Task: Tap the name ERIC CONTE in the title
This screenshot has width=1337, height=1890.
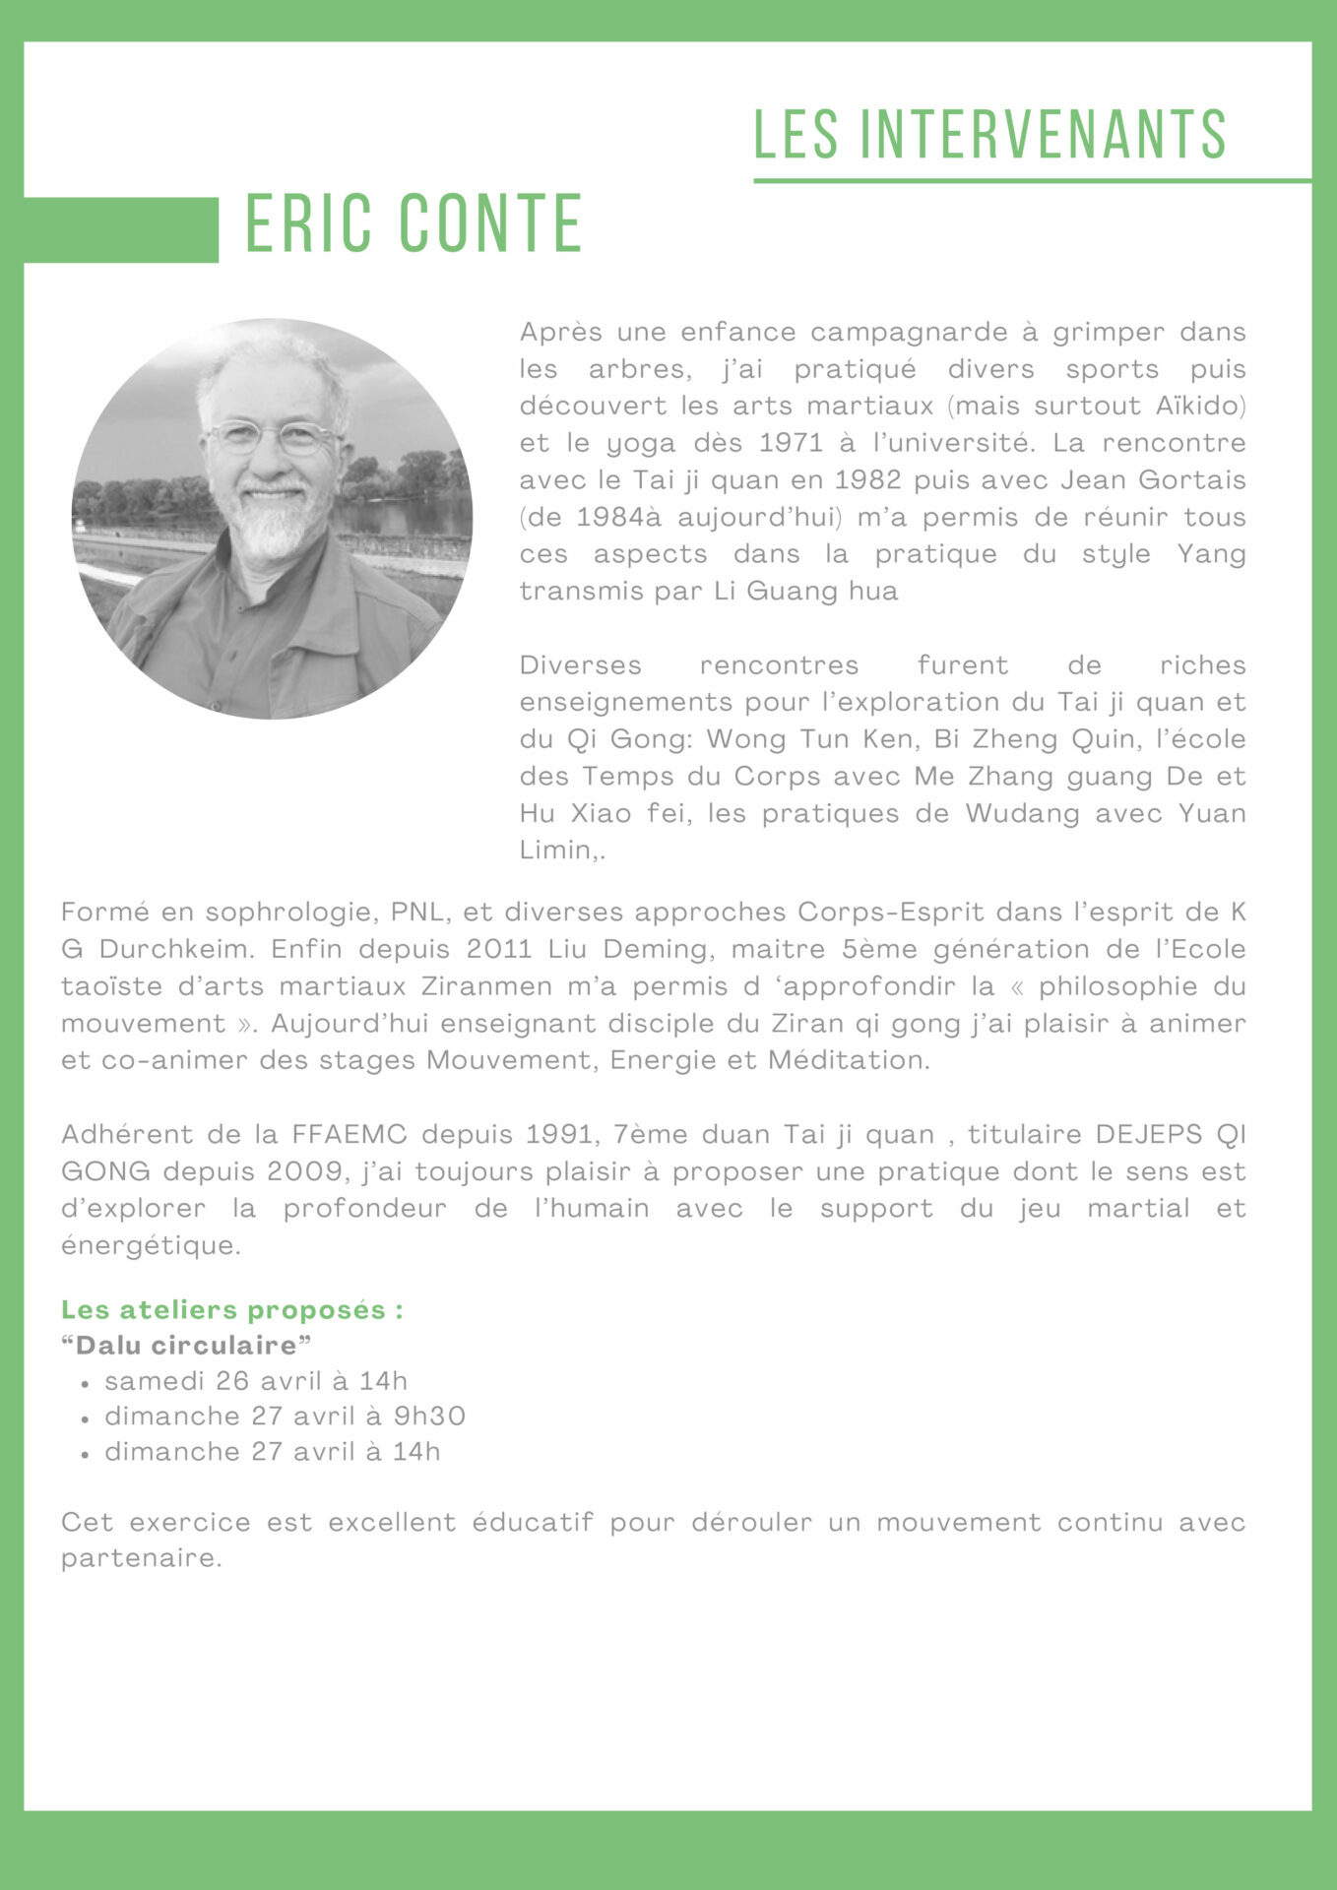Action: click(x=414, y=224)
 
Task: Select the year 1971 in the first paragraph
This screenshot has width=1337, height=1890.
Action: click(x=792, y=443)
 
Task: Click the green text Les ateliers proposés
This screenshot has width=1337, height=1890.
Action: click(x=231, y=1310)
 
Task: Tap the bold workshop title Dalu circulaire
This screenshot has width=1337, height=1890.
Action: click(x=186, y=1346)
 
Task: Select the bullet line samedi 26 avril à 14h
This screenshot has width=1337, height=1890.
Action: click(x=256, y=1381)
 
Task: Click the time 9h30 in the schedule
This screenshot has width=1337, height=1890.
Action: click(x=429, y=1417)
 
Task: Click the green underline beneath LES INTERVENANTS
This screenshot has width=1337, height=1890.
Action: click(x=1032, y=181)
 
